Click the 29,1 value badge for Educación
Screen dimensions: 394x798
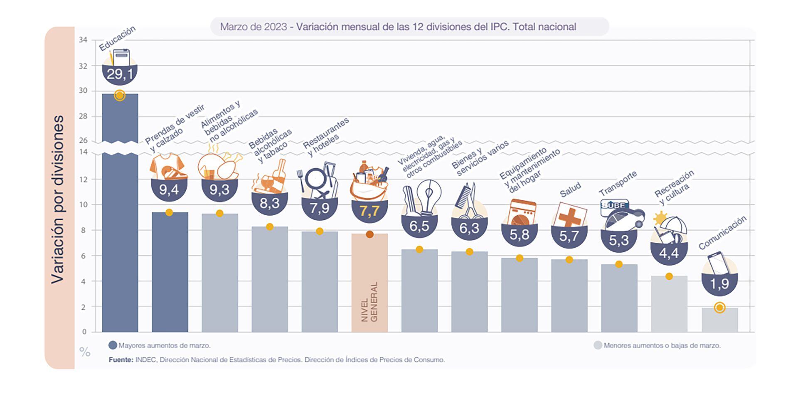(x=120, y=74)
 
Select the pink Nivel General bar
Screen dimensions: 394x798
(x=369, y=283)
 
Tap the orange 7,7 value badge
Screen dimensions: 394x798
(x=369, y=211)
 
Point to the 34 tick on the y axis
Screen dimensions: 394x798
(x=83, y=40)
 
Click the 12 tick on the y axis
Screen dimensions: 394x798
(x=83, y=180)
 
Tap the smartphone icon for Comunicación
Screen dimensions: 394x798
(x=718, y=263)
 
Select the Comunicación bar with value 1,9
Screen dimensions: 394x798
(x=719, y=320)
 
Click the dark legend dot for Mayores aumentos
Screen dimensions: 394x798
(x=113, y=345)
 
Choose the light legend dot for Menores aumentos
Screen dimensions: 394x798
(x=598, y=345)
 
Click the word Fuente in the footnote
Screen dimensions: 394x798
(x=121, y=360)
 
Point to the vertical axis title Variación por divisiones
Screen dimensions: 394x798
(x=58, y=199)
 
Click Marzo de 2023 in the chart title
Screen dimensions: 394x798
(x=253, y=27)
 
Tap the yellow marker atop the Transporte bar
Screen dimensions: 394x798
(x=619, y=264)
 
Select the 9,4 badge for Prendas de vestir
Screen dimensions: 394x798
(x=169, y=190)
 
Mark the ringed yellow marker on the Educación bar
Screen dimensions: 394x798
(x=120, y=96)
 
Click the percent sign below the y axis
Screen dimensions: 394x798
(x=85, y=352)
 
